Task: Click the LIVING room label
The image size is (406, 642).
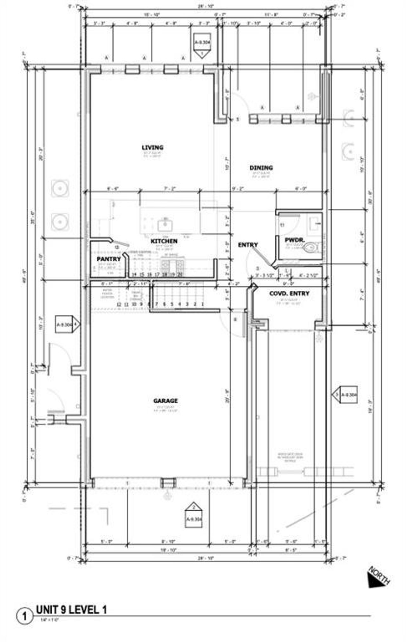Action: pyautogui.click(x=153, y=147)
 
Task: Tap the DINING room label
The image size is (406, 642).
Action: pyautogui.click(x=261, y=168)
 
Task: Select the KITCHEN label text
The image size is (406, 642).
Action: pyautogui.click(x=164, y=241)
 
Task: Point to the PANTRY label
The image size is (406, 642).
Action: pyautogui.click(x=109, y=259)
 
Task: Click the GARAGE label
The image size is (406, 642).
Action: pyautogui.click(x=165, y=401)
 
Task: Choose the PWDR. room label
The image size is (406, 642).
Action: pyautogui.click(x=294, y=240)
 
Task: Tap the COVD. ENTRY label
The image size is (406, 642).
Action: pyautogui.click(x=289, y=294)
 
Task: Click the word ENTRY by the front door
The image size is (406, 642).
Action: pyautogui.click(x=248, y=245)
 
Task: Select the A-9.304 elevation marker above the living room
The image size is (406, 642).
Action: pyautogui.click(x=202, y=45)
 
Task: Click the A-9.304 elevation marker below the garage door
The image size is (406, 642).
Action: pyautogui.click(x=193, y=515)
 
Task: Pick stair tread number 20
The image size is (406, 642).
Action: pyautogui.click(x=180, y=275)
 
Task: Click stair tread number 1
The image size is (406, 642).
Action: pyautogui.click(x=202, y=304)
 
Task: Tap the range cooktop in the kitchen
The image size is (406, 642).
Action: pyautogui.click(x=172, y=264)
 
